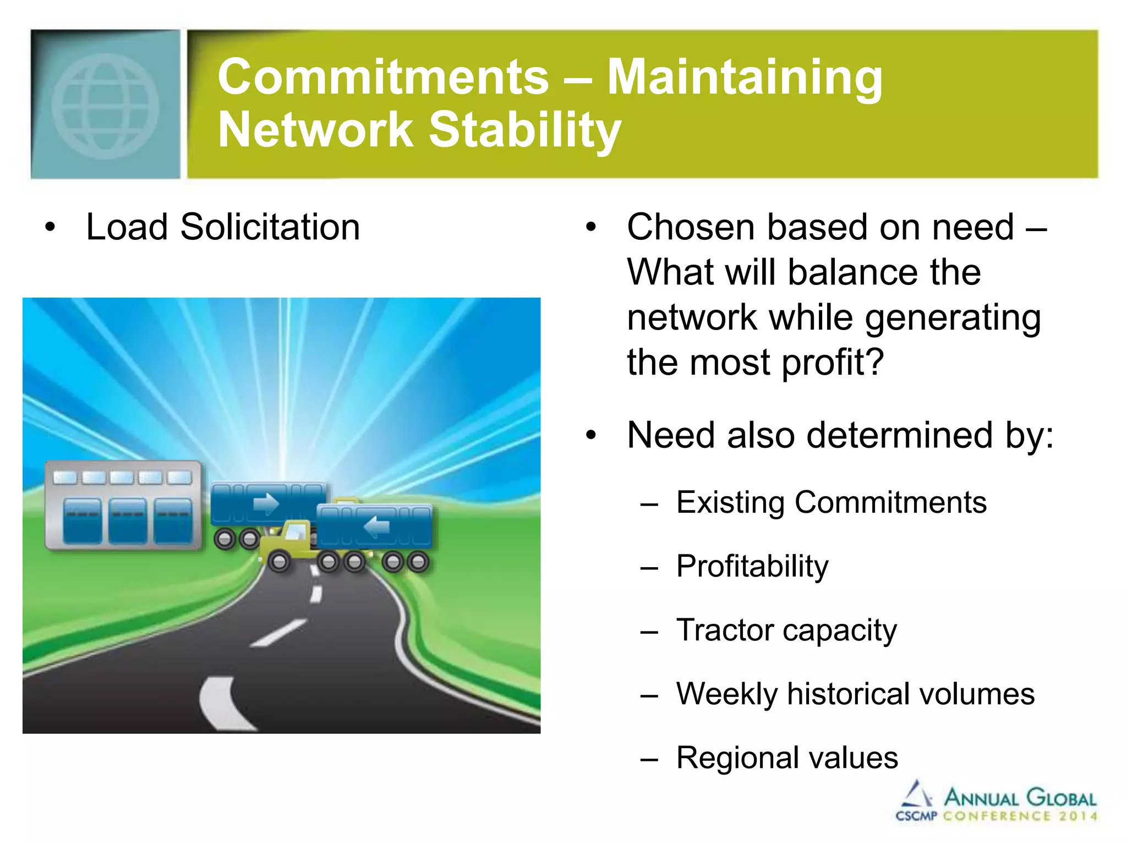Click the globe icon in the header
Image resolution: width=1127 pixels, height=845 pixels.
pyautogui.click(x=105, y=106)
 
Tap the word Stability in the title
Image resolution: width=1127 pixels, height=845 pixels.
pyautogui.click(x=524, y=130)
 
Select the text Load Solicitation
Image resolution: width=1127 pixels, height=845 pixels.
pyautogui.click(x=223, y=227)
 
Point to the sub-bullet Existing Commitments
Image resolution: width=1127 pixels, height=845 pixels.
pyautogui.click(x=831, y=502)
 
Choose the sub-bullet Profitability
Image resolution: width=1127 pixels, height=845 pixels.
pyautogui.click(x=752, y=566)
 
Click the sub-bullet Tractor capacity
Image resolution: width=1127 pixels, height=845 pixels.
pyautogui.click(x=786, y=630)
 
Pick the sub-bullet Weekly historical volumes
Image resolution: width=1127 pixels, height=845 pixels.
pyautogui.click(x=855, y=694)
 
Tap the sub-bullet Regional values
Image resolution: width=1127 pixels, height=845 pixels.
pyautogui.click(x=787, y=758)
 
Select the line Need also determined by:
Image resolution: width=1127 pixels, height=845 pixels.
pyautogui.click(x=840, y=435)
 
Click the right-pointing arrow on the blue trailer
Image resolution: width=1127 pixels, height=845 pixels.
pyautogui.click(x=266, y=503)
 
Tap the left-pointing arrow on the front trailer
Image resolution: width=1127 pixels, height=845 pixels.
pyautogui.click(x=378, y=526)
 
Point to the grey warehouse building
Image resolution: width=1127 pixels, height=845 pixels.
pyautogui.click(x=123, y=505)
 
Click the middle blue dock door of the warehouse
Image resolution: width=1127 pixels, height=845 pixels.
pyautogui.click(x=128, y=520)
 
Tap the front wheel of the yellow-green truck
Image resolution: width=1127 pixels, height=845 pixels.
pyautogui.click(x=279, y=562)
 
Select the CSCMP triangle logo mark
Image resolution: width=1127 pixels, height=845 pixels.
pyautogui.click(x=916, y=794)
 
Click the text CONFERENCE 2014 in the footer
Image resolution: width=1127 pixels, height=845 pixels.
pyautogui.click(x=1020, y=816)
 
